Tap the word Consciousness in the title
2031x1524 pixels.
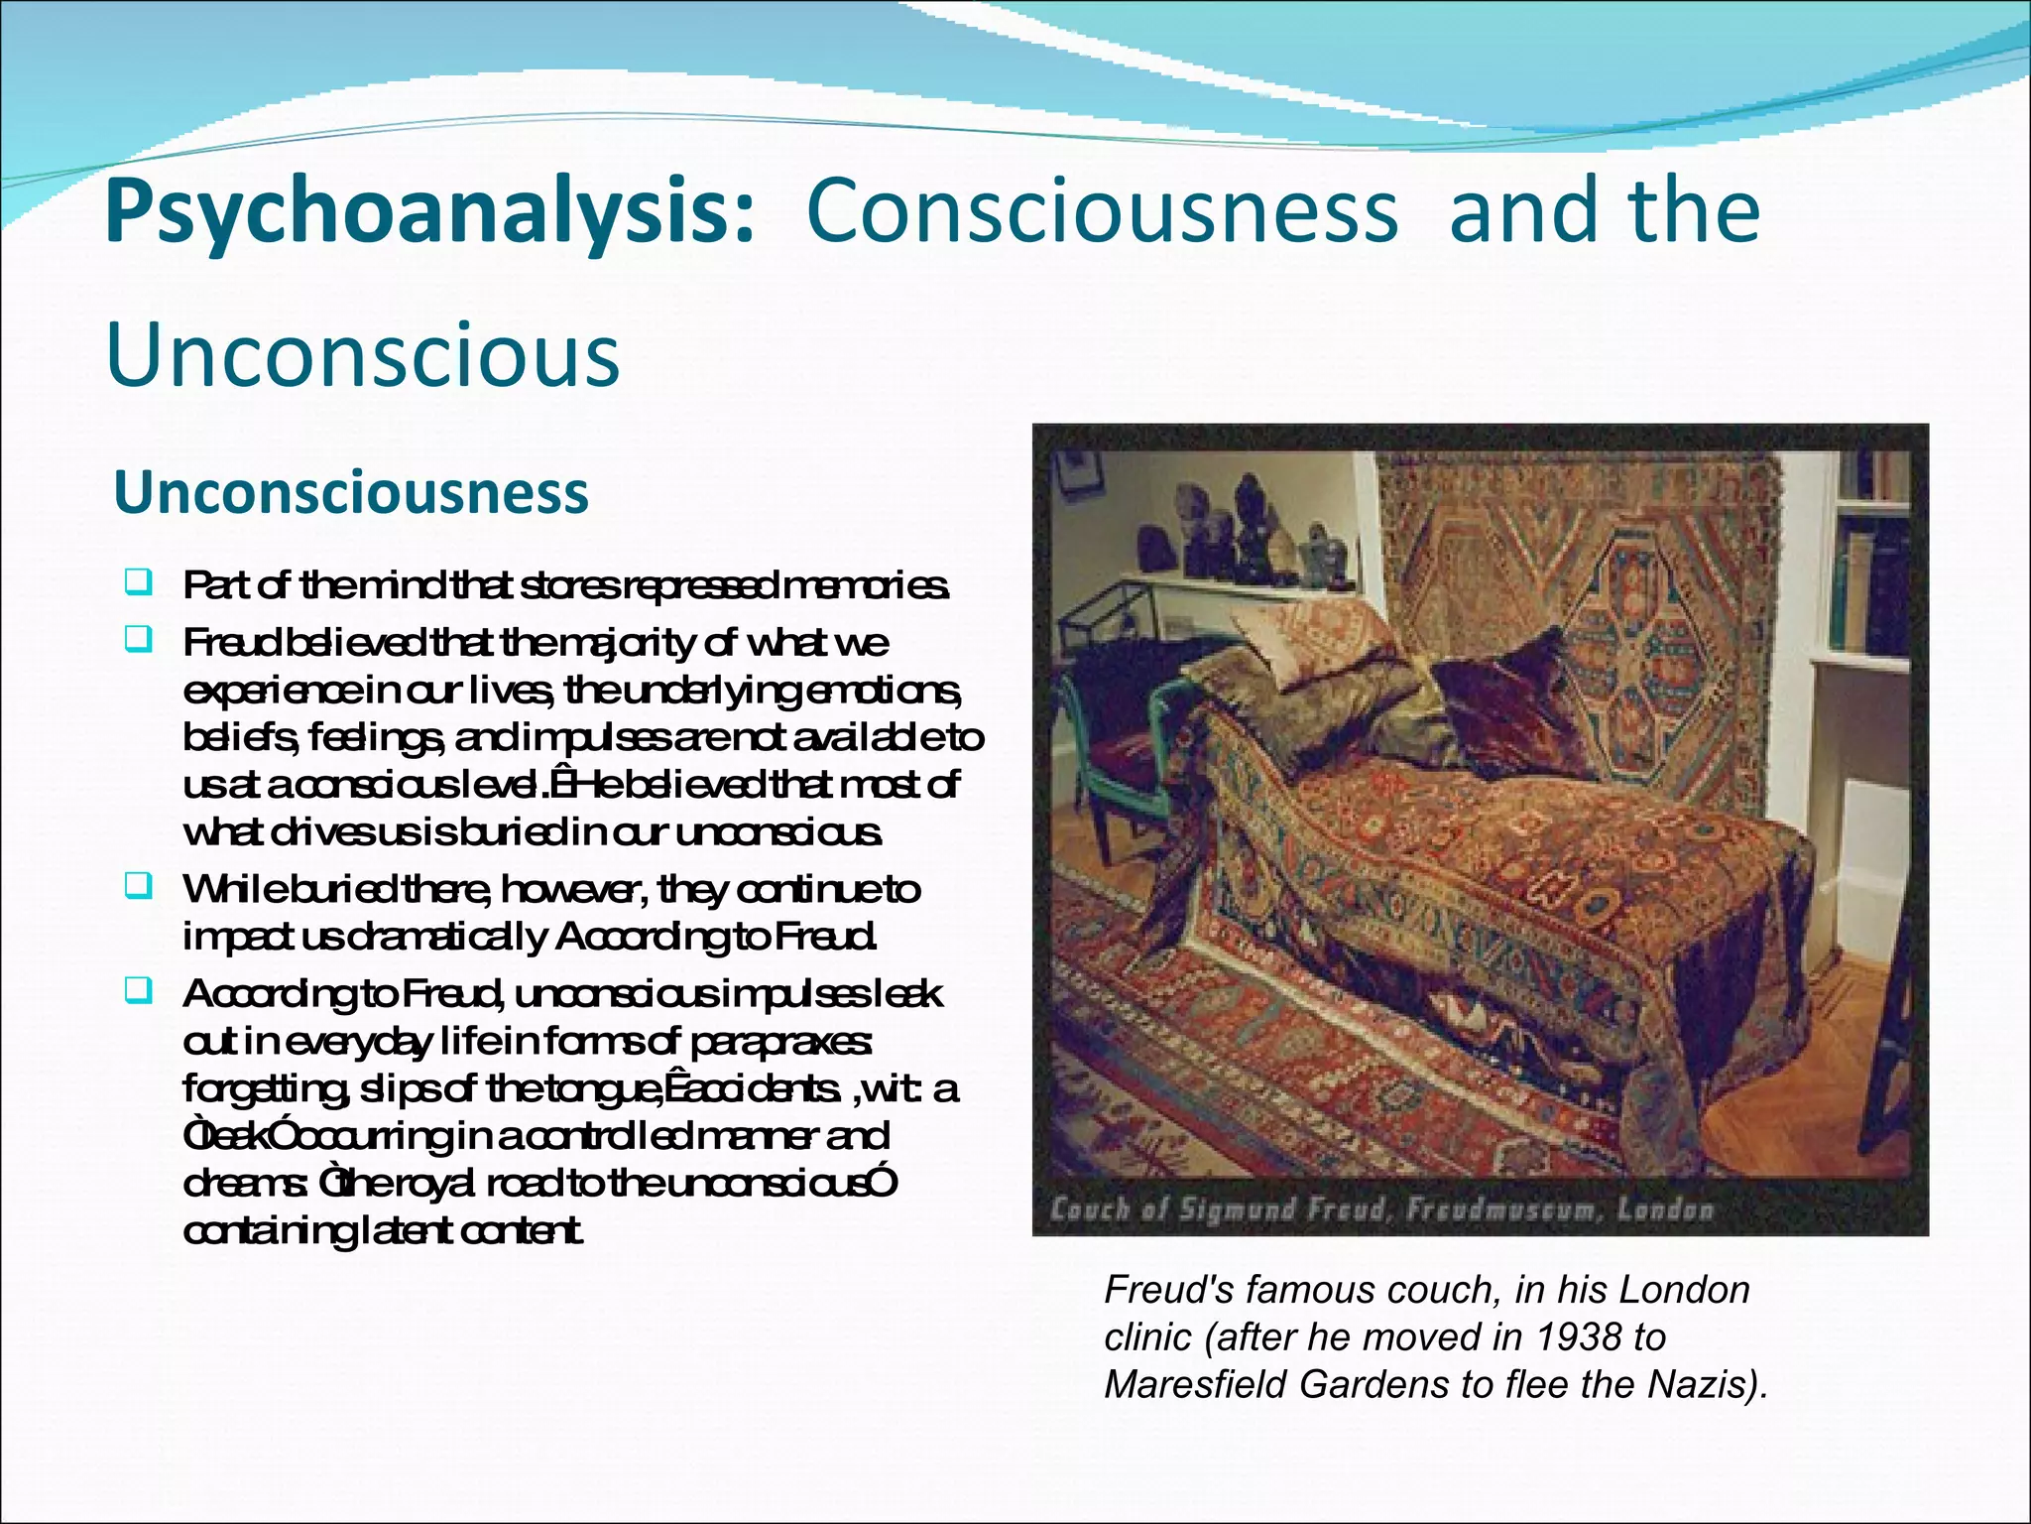coord(1103,210)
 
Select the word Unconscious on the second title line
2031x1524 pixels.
coord(362,355)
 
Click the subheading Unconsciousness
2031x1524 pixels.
coord(351,492)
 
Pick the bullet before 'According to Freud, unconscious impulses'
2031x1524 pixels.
coord(138,989)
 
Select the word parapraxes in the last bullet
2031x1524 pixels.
coord(793,1042)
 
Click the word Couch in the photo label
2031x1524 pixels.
coord(1091,1210)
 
